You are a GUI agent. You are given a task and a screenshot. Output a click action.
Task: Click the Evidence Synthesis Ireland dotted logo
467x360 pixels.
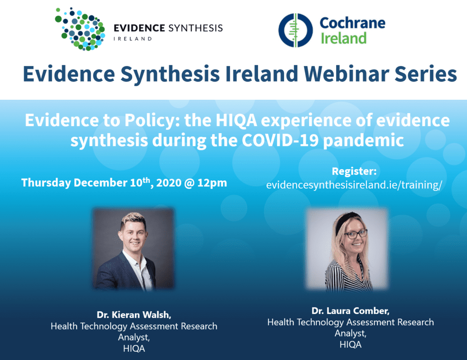(80, 29)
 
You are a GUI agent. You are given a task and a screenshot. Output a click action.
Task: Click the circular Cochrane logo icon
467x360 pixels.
(296, 30)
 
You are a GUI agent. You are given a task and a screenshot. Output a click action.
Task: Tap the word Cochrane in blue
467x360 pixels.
(353, 23)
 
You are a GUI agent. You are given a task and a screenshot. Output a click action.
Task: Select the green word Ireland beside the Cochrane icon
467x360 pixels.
(343, 38)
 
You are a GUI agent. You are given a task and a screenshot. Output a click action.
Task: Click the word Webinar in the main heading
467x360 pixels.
(346, 73)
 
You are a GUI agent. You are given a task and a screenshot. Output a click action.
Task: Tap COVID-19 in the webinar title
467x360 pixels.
(280, 140)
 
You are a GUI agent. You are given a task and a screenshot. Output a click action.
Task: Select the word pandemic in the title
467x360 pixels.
(363, 141)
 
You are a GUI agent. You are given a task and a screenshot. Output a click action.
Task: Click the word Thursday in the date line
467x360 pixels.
(46, 183)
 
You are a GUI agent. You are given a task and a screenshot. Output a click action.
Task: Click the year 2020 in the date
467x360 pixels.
(169, 183)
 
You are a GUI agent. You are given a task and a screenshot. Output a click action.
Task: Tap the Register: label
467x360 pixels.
(354, 171)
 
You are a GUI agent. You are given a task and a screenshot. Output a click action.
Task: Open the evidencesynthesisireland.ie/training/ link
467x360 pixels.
(354, 185)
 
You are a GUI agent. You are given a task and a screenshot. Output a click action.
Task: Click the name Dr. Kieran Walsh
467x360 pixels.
(134, 315)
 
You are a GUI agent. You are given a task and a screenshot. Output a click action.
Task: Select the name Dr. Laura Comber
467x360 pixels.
(350, 311)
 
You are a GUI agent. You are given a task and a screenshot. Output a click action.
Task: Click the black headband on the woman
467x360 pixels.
(346, 220)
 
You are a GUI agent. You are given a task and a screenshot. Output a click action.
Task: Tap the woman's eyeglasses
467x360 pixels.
(355, 234)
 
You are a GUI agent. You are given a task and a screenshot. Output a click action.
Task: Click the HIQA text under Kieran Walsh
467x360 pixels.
(134, 349)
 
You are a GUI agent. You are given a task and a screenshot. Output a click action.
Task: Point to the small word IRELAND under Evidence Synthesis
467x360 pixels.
(133, 39)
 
